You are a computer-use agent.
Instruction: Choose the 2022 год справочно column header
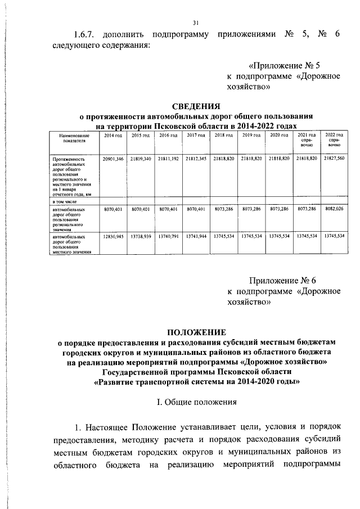tap(334, 140)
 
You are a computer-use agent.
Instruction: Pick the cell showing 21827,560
tap(334, 159)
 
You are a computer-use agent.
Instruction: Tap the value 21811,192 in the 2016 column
tap(168, 159)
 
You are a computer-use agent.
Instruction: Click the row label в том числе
tap(65, 201)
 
